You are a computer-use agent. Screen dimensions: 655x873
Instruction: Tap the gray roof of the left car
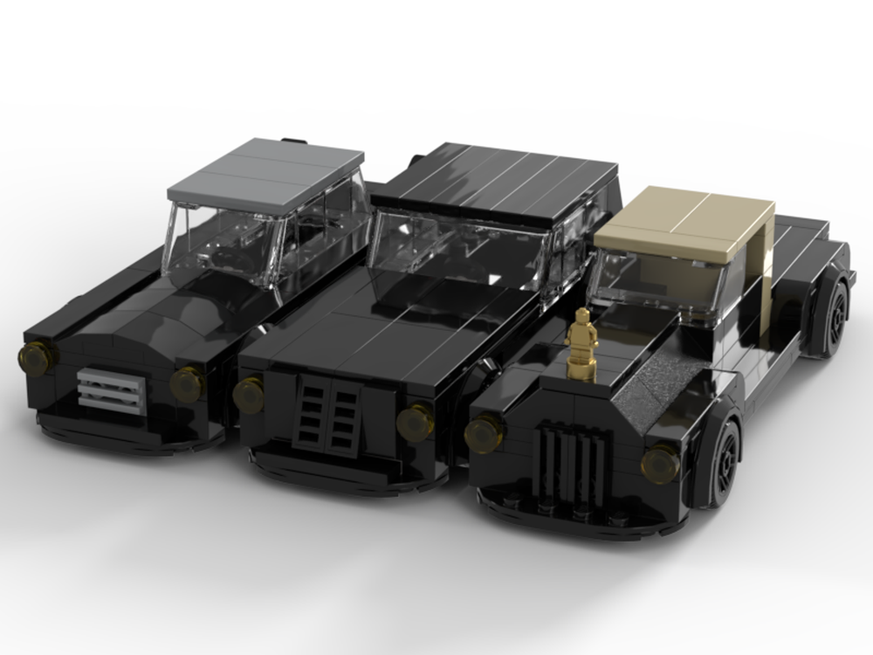266,170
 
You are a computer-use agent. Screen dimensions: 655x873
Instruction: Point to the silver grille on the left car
111,390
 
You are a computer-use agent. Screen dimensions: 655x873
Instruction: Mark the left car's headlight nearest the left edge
37,356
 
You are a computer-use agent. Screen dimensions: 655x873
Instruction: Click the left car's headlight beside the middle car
187,384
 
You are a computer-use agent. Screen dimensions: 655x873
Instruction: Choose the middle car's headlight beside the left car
249,394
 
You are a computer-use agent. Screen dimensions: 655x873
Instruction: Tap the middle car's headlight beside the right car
415,423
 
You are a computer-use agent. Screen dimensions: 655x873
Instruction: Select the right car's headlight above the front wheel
661,462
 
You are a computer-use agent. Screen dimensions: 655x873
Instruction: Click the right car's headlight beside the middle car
484,431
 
